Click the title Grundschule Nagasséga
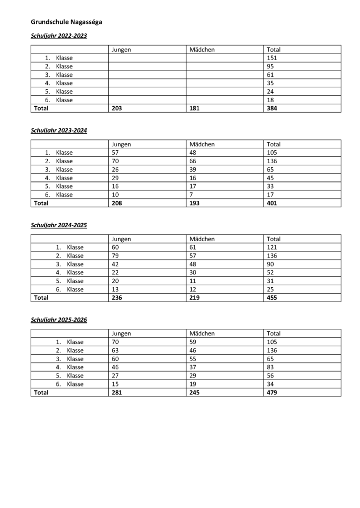67,22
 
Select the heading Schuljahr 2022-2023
59,36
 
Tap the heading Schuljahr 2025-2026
59,320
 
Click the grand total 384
272,108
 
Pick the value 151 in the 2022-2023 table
272,58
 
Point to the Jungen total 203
117,108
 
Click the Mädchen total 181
195,108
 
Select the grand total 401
272,203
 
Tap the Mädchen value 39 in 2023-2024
193,170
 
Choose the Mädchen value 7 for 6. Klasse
192,194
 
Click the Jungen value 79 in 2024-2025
116,256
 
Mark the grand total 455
272,298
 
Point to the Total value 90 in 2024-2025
271,264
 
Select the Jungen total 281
117,392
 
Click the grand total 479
272,392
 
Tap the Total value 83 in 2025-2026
271,367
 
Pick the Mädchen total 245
195,392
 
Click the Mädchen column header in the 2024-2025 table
202,239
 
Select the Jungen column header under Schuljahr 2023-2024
121,144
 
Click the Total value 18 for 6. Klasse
271,100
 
